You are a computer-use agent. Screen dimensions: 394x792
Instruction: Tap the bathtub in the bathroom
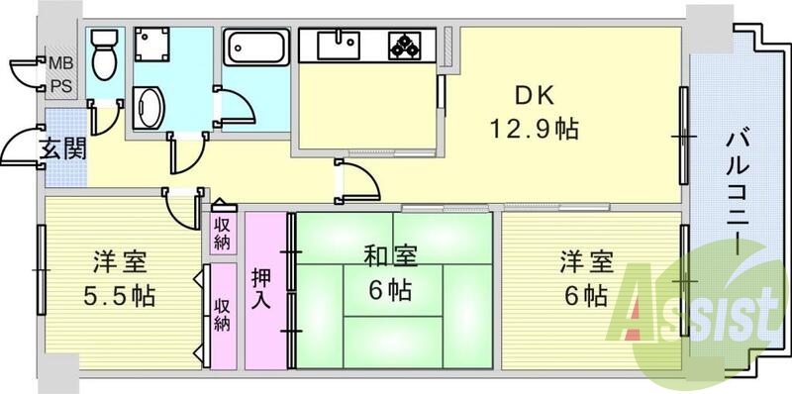pos(255,48)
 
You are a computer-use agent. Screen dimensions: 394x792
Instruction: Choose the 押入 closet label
pos(261,286)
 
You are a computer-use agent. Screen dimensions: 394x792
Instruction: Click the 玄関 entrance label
pos(61,149)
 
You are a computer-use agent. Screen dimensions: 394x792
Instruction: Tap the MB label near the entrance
pos(61,67)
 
